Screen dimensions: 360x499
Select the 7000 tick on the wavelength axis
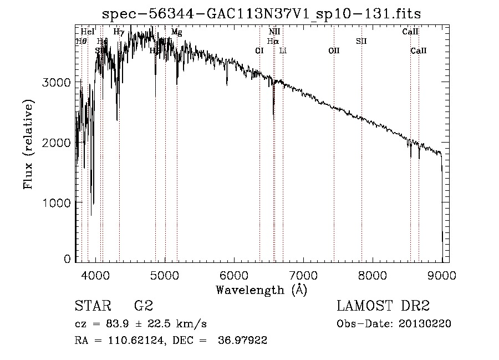point(303,275)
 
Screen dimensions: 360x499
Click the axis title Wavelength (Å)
point(261,290)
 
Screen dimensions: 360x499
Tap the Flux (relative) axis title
point(29,145)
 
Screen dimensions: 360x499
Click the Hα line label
point(273,41)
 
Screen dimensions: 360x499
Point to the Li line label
point(283,51)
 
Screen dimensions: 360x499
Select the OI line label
point(259,51)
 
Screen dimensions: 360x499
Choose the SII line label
point(361,41)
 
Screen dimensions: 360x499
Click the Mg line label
point(176,32)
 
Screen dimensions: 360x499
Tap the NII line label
point(274,32)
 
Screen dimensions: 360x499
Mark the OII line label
point(334,51)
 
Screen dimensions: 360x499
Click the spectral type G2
point(144,306)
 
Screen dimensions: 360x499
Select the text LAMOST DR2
point(383,306)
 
